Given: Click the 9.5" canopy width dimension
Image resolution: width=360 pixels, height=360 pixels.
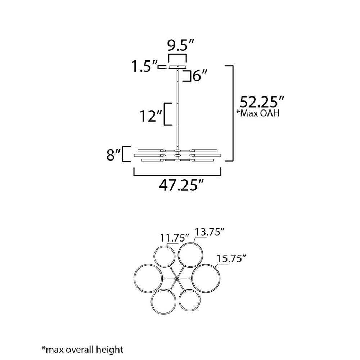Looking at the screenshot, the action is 181,46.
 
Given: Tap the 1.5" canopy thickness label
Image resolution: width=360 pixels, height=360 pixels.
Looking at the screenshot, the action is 144,67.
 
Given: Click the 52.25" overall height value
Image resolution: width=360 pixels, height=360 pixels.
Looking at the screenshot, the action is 262,102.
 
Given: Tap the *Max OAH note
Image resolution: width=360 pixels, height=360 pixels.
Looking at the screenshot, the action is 258,113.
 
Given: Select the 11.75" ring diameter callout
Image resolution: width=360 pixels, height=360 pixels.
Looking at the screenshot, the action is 175,238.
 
